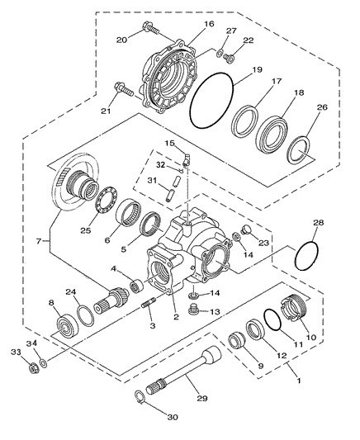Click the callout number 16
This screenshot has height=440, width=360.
coord(209,24)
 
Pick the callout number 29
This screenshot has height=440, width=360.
coord(201,398)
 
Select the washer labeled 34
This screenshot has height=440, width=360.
coord(44,363)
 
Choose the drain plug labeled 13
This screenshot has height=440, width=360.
coord(192,310)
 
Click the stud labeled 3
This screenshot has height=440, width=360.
coord(149,303)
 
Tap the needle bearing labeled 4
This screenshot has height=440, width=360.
coord(136,286)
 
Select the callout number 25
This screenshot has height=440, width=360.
coord(86,230)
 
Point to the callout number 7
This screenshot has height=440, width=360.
coord(39,241)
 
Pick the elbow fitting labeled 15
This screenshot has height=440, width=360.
coord(186,159)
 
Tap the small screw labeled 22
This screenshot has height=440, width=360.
coord(229,59)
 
